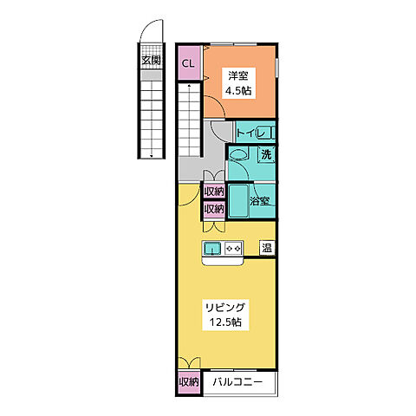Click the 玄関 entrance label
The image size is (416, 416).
(151, 61)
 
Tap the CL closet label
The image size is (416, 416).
(188, 63)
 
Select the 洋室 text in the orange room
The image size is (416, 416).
(238, 76)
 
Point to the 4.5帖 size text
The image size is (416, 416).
(238, 91)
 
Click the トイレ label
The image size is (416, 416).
(250, 133)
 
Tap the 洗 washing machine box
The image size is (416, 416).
(266, 154)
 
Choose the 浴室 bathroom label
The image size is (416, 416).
(260, 201)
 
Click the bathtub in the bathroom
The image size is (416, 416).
(238, 201)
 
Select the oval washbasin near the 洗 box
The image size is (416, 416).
(238, 155)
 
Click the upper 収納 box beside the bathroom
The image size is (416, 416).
(214, 192)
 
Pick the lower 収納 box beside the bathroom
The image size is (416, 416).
(214, 209)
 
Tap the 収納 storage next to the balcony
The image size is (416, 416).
(189, 382)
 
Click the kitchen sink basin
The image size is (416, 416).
(212, 249)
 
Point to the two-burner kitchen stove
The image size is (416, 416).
(233, 249)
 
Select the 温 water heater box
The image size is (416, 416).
(267, 248)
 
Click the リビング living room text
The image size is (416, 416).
(225, 308)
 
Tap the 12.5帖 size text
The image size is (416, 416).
(225, 322)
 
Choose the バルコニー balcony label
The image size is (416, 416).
(238, 382)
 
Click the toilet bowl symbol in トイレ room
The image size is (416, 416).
(264, 133)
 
